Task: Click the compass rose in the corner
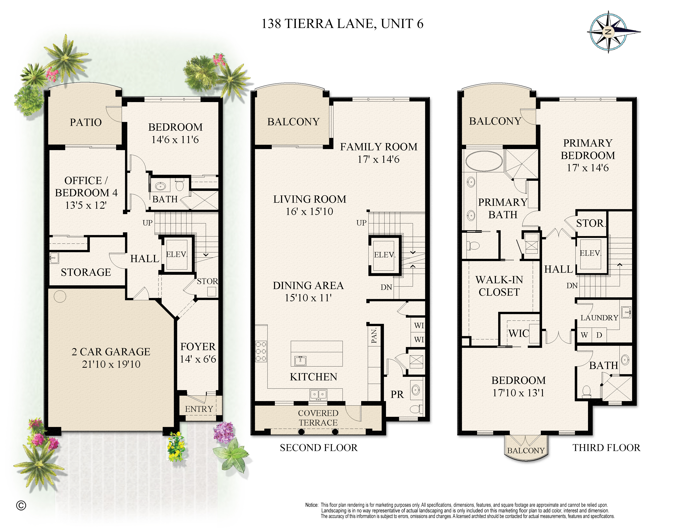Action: click(x=608, y=32)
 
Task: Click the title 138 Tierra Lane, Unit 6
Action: click(x=342, y=24)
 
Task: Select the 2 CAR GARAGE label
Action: click(x=111, y=352)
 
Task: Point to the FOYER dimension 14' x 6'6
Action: click(x=198, y=359)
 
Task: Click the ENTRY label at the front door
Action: click(x=199, y=409)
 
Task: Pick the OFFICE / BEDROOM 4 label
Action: click(x=86, y=187)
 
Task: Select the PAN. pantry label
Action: click(x=374, y=336)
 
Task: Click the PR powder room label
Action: click(x=397, y=395)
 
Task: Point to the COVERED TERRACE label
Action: click(x=318, y=418)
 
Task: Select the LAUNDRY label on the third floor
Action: click(x=599, y=318)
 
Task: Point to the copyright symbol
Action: click(x=21, y=505)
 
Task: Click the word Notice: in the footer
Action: click(x=311, y=505)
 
